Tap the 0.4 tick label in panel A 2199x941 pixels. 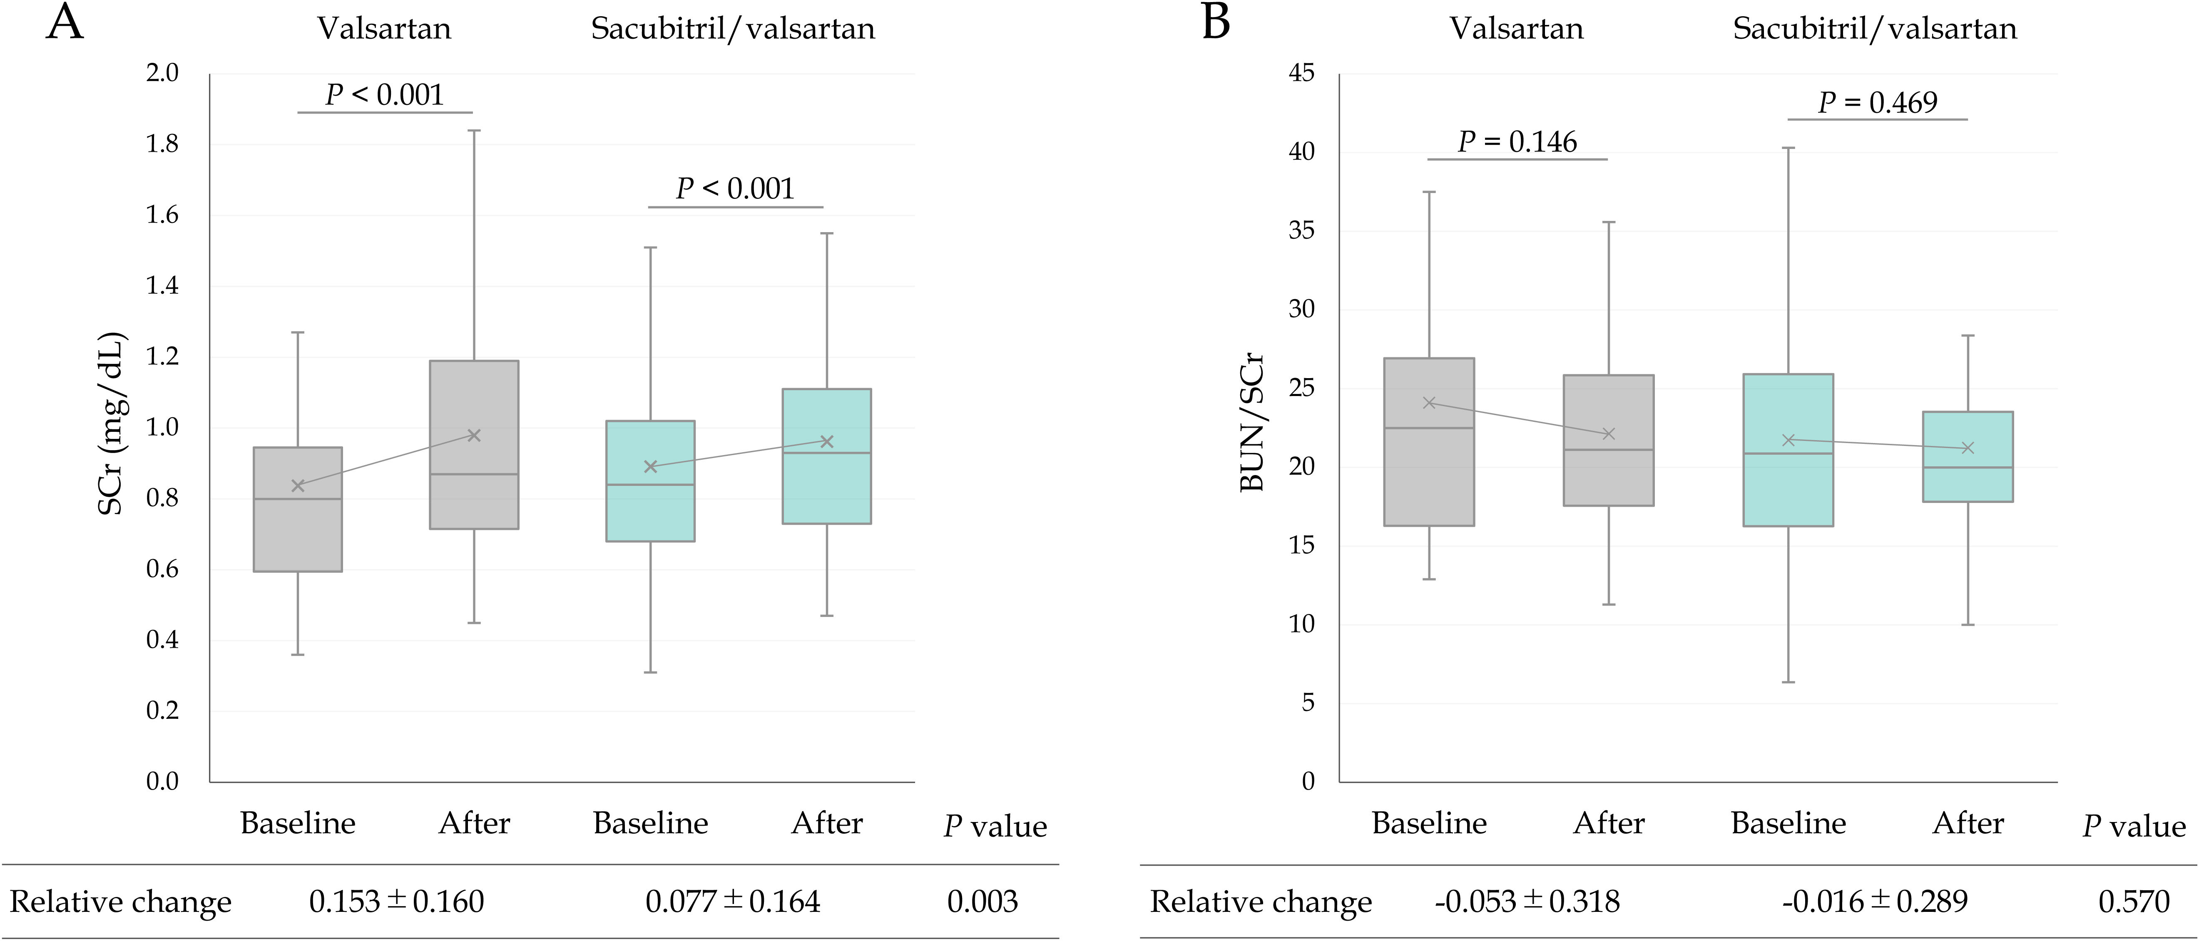point(162,640)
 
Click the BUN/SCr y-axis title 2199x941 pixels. point(1251,422)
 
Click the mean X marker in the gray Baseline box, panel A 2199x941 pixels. point(298,485)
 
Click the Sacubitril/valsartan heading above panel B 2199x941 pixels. point(1875,29)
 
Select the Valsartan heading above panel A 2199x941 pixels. point(384,29)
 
